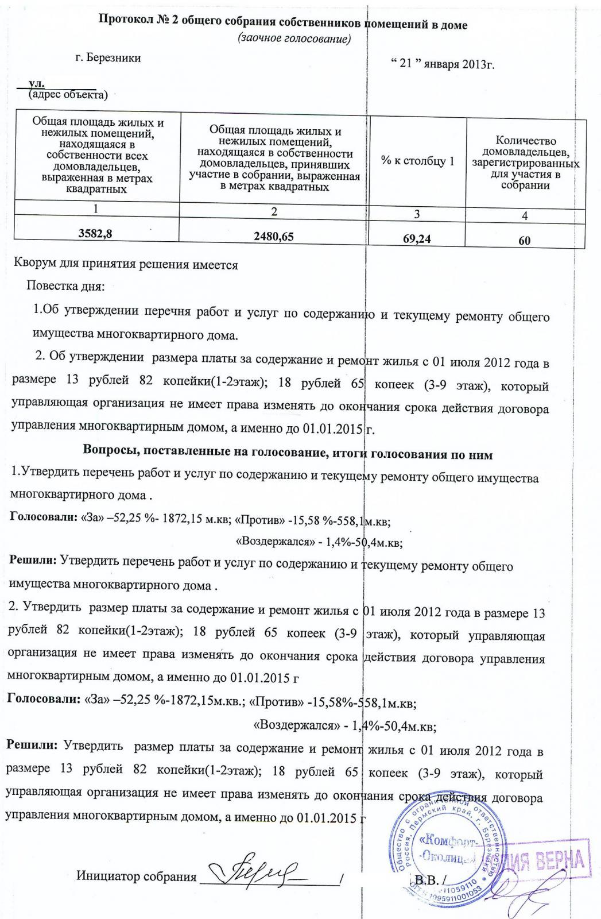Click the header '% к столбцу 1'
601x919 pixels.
417,161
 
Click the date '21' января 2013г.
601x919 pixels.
442,64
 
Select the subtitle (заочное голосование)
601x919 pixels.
293,38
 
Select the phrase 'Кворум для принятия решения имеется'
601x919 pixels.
126,265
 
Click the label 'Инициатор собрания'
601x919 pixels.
136,876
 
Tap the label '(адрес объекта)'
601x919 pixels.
68,94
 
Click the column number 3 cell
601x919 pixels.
417,214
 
